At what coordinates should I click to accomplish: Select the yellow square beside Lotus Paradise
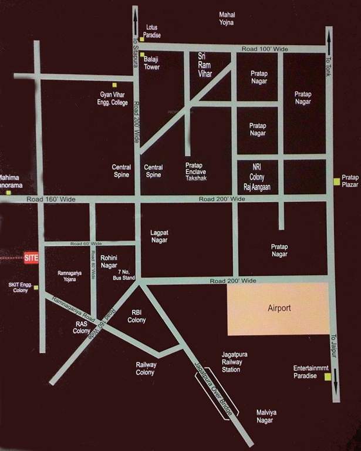(x=142, y=39)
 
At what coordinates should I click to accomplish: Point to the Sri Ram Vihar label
(x=205, y=65)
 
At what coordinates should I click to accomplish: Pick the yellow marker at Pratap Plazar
(x=336, y=181)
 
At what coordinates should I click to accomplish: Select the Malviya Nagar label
(x=266, y=416)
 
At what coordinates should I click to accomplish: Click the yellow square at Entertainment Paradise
(x=328, y=376)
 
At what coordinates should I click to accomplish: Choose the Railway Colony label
(x=145, y=368)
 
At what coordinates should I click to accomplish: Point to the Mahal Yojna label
(x=227, y=18)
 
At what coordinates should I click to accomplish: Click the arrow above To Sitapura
(x=136, y=16)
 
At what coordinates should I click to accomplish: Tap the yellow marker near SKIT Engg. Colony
(x=36, y=287)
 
